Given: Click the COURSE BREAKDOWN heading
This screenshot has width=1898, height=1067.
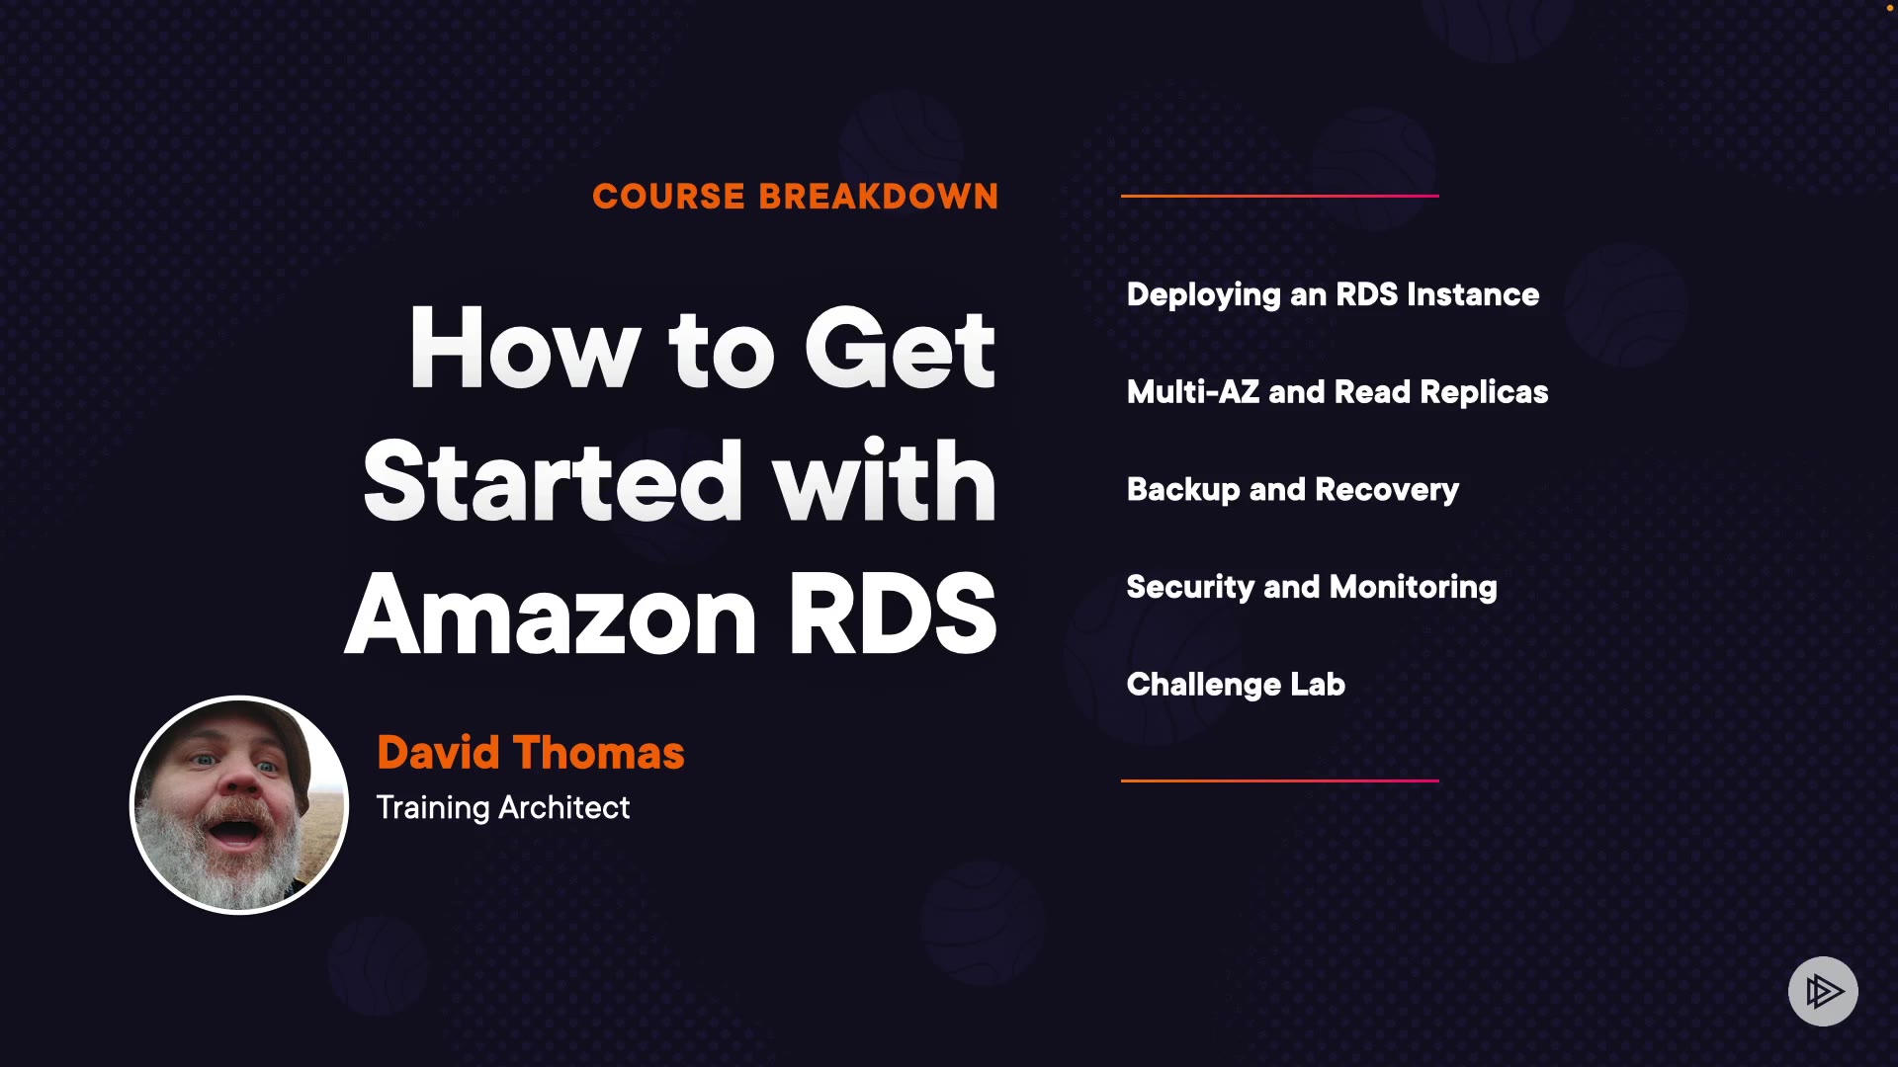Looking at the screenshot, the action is [795, 197].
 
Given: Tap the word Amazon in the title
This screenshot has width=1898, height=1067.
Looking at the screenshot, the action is [551, 615].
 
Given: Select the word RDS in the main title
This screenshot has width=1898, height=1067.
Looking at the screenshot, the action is [892, 615].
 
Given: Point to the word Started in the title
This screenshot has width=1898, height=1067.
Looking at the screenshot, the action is [553, 482].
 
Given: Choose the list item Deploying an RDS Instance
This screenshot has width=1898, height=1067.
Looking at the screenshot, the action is [1333, 294].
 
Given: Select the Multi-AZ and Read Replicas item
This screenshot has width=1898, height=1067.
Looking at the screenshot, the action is [1337, 392].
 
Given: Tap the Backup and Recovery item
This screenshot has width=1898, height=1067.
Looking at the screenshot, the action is [1292, 490].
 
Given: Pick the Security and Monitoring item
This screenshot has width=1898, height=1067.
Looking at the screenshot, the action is [1311, 587].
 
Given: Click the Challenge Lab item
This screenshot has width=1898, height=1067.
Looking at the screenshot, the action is [1236, 685].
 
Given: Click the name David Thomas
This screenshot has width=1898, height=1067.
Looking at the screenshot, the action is [530, 753].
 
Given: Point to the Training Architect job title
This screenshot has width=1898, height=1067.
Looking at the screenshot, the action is [502, 808].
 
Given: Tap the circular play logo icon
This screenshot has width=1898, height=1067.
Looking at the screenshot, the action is [1823, 991].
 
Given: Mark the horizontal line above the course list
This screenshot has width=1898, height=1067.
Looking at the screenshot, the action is [1279, 196].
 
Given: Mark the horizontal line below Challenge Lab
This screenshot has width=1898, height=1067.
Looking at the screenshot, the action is [1279, 780].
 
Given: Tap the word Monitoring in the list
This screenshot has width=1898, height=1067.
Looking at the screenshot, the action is [1413, 587].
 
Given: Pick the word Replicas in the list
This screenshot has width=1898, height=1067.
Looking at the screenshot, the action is [1484, 392].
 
